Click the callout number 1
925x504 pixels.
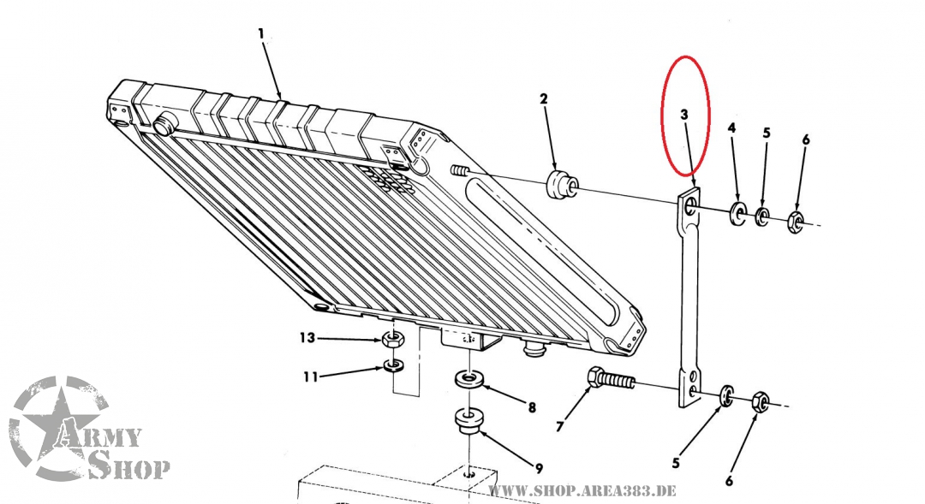261,33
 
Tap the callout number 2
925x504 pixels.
543,100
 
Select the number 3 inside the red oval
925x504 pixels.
684,114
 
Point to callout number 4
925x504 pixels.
731,128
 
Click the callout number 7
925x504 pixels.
560,426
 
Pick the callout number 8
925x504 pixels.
532,408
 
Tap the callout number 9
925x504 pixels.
539,468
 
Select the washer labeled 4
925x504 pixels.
737,214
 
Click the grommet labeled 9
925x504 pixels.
469,421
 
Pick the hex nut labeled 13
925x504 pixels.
394,340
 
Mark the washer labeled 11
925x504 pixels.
394,367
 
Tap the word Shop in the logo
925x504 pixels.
129,467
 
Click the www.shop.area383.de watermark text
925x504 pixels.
582,490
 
